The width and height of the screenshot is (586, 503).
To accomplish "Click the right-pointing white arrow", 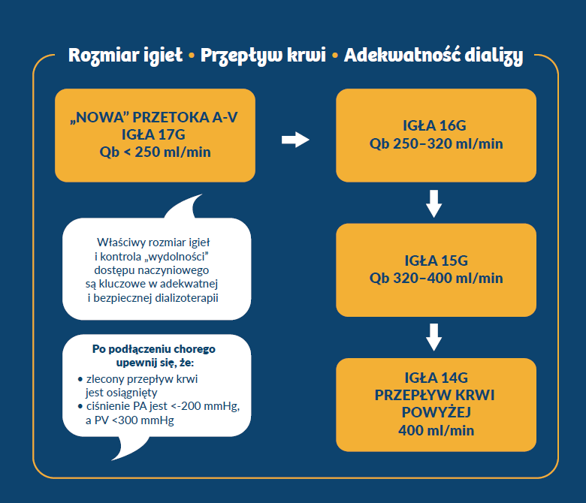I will pos(295,139).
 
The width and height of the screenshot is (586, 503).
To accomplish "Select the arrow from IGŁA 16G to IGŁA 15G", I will pos(433,203).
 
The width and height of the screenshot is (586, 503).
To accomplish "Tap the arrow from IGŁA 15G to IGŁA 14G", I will pos(433,337).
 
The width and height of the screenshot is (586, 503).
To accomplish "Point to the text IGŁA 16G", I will pos(435,126).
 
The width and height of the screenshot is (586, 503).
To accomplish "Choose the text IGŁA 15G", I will pos(435,261).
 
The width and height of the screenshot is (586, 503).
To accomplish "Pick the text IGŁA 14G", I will pos(435,377).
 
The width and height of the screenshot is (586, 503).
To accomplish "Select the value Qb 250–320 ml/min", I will pos(436,143).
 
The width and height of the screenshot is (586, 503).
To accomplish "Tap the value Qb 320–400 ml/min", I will pos(436,278).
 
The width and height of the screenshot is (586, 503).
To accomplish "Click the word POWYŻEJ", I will pos(436,412).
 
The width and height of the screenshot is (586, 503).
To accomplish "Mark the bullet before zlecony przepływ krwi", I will pos(80,379).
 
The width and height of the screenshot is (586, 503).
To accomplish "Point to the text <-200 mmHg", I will pos(206,407).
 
